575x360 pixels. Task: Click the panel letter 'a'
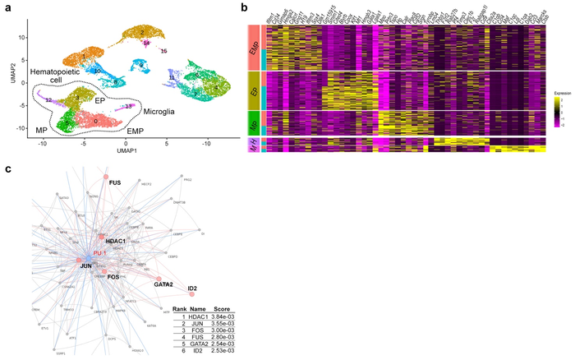(8, 7)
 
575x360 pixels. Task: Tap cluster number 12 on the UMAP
(49, 99)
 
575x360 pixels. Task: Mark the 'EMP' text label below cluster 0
(136, 130)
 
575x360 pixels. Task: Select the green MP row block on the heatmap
(254, 123)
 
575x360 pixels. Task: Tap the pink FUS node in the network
(105, 176)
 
